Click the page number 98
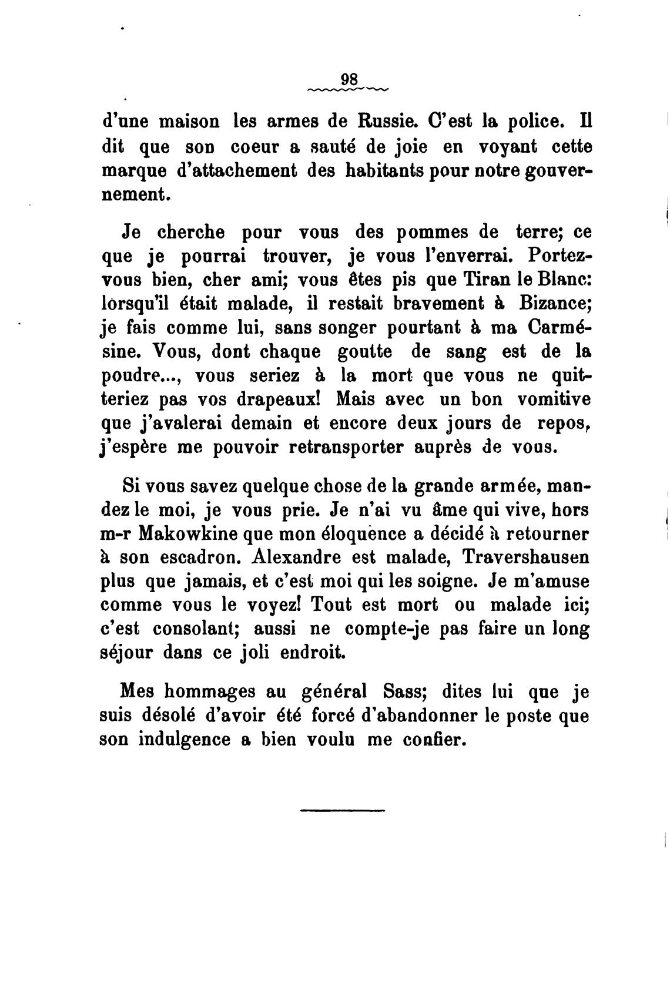click(x=349, y=79)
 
